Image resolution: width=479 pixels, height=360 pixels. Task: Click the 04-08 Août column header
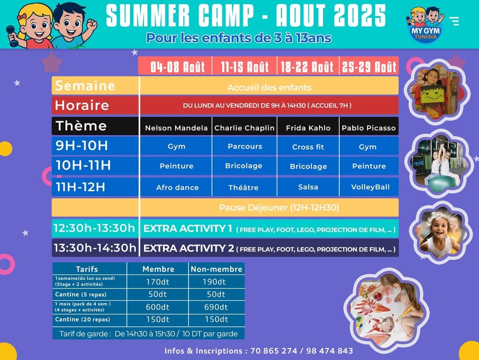(175, 66)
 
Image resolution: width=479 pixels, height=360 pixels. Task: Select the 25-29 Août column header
(369, 66)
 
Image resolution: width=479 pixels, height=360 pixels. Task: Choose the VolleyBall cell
(369, 187)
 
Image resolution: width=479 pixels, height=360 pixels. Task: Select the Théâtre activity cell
(244, 187)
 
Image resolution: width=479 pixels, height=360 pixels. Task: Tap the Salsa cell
(308, 187)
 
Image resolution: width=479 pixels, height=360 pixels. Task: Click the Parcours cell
(244, 146)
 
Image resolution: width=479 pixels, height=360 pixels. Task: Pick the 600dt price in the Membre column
(157, 307)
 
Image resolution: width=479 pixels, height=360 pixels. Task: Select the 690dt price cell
(216, 307)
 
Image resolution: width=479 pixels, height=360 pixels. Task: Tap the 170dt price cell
(157, 282)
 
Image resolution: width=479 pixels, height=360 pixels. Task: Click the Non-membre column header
(216, 269)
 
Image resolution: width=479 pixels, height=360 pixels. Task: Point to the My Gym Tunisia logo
(425, 25)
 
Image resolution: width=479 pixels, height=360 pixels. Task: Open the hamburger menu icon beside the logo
(454, 21)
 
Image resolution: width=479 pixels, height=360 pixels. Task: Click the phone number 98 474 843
(330, 351)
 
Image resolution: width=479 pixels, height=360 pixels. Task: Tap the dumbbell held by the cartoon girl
(12, 36)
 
